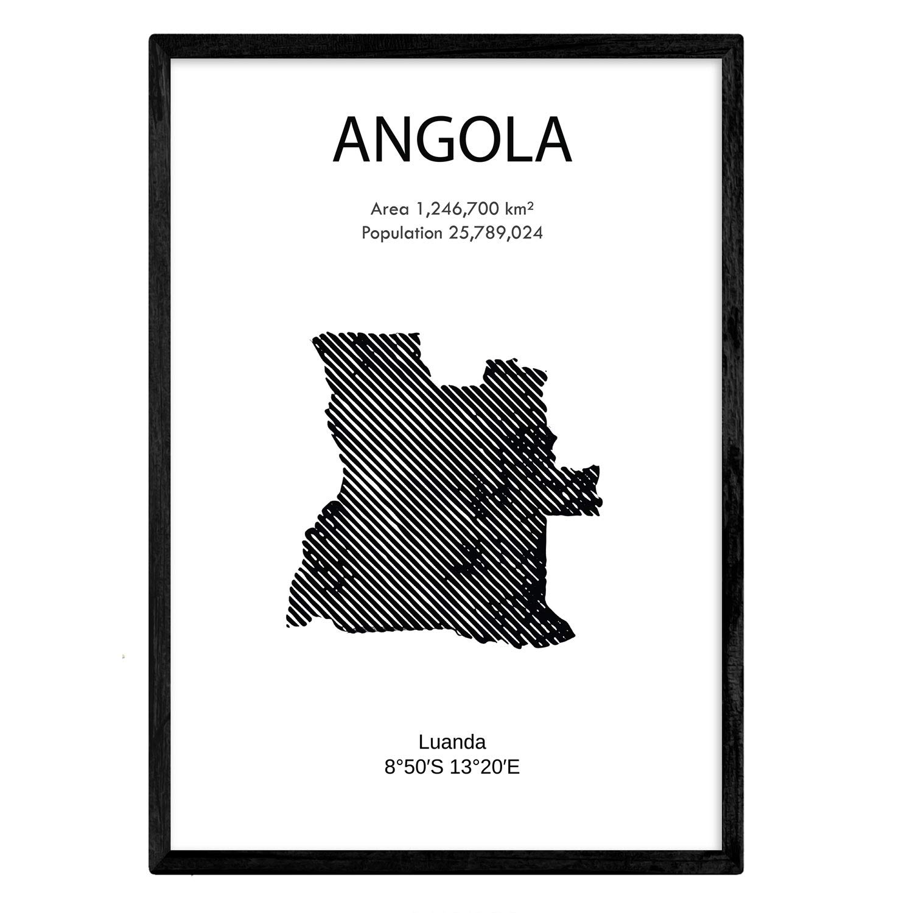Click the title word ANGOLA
(452, 141)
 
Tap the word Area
(390, 210)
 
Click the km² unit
(519, 209)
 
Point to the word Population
(401, 233)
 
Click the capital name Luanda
(452, 742)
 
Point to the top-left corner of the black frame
(153, 38)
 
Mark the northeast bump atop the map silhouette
(505, 368)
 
